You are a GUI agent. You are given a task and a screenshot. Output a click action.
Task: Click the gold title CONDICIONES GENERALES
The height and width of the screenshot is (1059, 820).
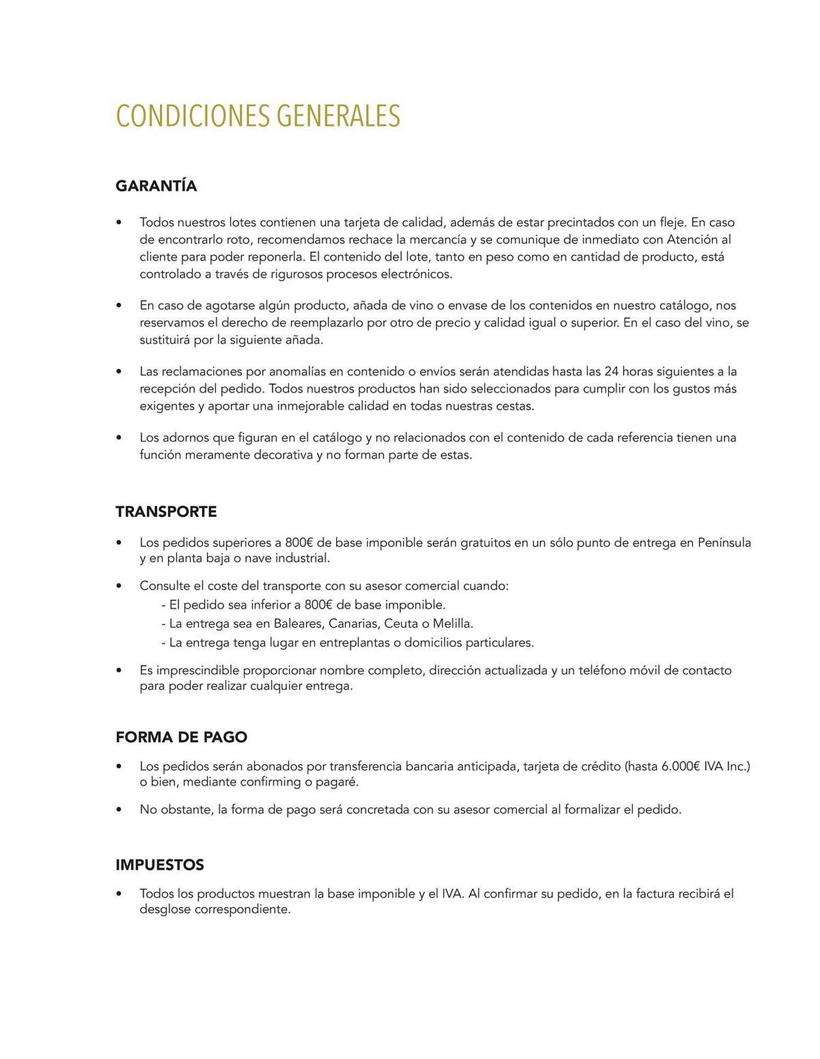coord(258,116)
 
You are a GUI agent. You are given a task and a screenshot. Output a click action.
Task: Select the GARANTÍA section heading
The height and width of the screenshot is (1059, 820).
coord(156,186)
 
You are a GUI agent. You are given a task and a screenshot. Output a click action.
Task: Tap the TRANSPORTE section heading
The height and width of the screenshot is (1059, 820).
coord(166,512)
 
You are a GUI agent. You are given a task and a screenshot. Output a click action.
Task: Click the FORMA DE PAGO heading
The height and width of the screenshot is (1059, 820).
coord(182,737)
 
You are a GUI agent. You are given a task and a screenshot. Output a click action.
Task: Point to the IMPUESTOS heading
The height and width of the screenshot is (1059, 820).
coord(160,865)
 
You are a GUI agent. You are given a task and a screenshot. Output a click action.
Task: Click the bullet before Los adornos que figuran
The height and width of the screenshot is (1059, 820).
coord(119,438)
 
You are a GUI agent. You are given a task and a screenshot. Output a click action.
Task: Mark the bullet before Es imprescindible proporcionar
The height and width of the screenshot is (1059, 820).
coord(119,671)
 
